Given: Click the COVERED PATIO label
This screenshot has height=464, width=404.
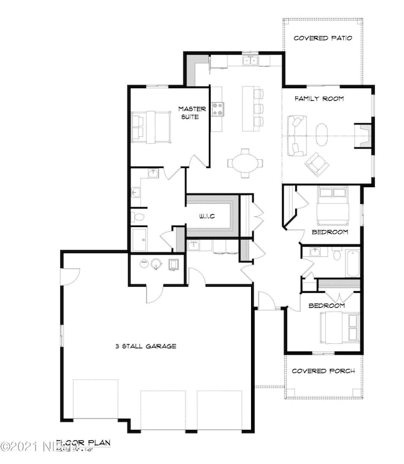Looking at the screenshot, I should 323,38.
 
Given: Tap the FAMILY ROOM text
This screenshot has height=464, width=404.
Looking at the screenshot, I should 319,99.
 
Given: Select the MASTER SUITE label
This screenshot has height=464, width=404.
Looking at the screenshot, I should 189,113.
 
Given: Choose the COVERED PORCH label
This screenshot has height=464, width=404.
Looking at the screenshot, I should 323,371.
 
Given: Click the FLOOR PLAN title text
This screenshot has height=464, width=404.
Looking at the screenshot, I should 84,443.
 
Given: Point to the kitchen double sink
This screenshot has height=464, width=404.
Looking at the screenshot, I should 251,60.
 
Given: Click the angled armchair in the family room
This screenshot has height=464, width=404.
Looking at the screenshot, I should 316,163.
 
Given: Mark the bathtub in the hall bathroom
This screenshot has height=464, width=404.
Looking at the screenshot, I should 352,262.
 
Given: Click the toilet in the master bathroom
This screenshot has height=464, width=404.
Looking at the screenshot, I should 138,217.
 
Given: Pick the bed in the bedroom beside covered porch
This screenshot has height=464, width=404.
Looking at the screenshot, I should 339,327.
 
